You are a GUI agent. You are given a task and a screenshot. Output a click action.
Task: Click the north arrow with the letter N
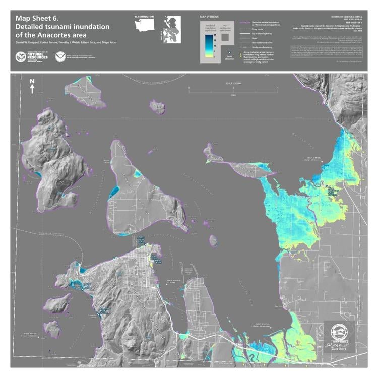pos(32,86)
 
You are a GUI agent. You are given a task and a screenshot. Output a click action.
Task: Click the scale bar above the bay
pos(233,91)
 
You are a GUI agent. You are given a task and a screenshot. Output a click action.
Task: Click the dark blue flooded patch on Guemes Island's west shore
pos(114,192)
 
